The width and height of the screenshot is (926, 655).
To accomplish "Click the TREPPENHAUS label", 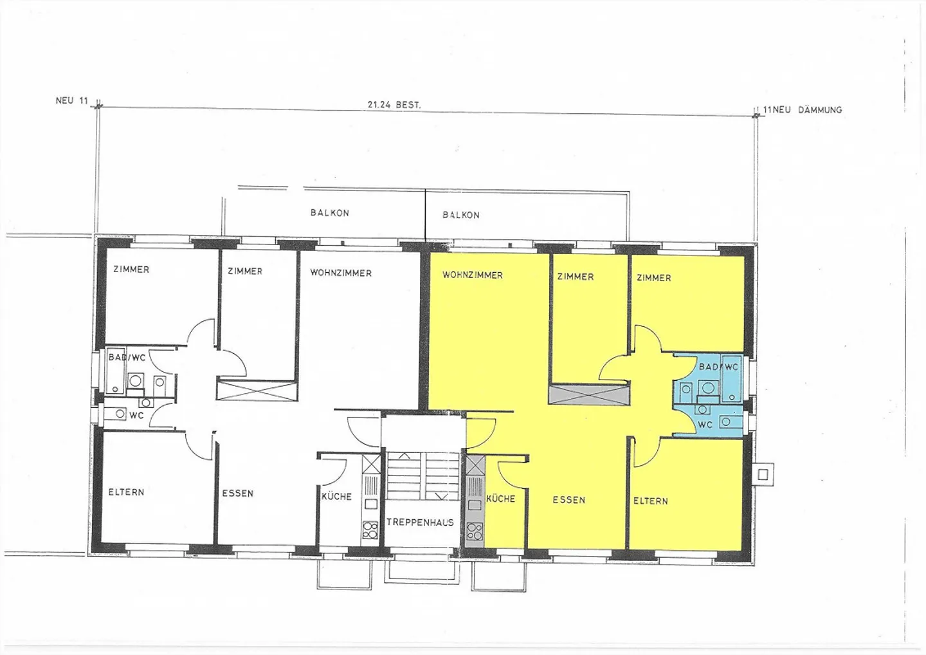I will click(420, 522).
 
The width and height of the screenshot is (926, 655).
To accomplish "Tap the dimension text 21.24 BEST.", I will click(394, 104).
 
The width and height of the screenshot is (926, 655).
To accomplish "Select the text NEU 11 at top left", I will click(72, 100).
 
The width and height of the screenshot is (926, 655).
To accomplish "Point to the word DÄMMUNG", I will click(820, 110).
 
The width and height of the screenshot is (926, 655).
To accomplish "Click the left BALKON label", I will click(330, 212).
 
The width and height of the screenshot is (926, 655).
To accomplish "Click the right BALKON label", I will click(461, 215).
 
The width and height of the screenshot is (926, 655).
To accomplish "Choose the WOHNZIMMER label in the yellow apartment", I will click(473, 275).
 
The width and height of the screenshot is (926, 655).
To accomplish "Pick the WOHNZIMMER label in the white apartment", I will click(341, 273).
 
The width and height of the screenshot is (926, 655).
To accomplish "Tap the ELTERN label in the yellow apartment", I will click(651, 501).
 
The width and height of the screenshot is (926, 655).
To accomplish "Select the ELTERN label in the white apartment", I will click(126, 492).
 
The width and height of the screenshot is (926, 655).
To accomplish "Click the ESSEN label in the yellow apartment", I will click(569, 500).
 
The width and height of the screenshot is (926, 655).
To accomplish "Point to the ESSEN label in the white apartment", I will click(238, 494).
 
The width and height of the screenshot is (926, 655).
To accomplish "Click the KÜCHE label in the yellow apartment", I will click(500, 499).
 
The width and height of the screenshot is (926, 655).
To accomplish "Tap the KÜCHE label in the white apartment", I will click(336, 497).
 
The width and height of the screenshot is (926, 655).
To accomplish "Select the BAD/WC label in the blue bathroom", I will click(719, 367).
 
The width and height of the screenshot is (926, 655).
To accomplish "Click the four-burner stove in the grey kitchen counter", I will click(475, 531).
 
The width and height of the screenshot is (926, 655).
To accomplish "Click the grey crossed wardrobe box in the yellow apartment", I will click(588, 394).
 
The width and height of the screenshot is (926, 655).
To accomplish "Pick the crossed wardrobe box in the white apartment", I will click(257, 391).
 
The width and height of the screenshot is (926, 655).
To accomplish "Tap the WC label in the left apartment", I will click(136, 416).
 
